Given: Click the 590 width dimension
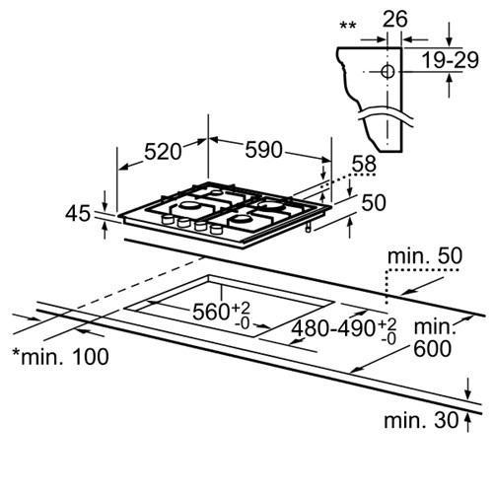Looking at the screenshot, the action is [x=263, y=150].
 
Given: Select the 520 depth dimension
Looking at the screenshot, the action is [x=163, y=152].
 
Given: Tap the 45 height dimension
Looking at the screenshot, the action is [x=78, y=214].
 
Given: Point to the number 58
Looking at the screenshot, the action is [x=364, y=164].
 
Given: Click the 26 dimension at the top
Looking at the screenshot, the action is [x=395, y=19].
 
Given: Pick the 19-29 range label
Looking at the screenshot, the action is [x=450, y=60].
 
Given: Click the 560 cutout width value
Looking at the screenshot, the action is [x=210, y=312].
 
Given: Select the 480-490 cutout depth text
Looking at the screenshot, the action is [x=333, y=328].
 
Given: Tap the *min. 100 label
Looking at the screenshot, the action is [x=60, y=357].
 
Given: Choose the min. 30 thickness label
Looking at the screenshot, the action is [x=421, y=420].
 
